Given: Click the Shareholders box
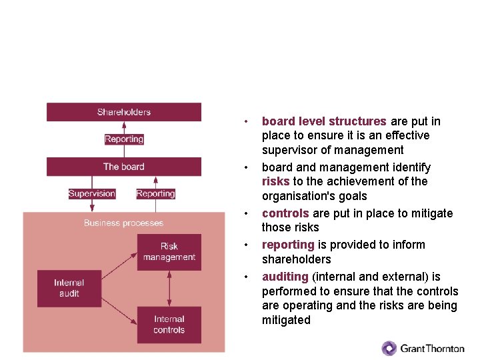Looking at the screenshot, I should tap(123, 112).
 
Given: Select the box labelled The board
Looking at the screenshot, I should tap(123, 167).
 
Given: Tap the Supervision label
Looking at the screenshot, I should tap(92, 193).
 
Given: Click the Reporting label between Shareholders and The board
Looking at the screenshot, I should tap(124, 139).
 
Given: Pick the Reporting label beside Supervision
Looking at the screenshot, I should tap(155, 193).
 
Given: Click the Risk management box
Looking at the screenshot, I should tap(169, 251).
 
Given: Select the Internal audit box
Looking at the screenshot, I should tap(69, 288).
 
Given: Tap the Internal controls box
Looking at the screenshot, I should tap(169, 325).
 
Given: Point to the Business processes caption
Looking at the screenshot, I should tap(123, 223).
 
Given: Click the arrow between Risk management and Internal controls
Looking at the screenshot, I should tap(169, 288).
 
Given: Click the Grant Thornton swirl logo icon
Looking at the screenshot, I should tap(389, 348).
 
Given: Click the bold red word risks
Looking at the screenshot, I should tap(275, 181).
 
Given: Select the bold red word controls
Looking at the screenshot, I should tap(285, 213).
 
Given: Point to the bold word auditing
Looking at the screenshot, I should tap(285, 276).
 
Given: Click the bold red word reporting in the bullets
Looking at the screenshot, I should tap(288, 245).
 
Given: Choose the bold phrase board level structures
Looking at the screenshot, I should tap(324, 121).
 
